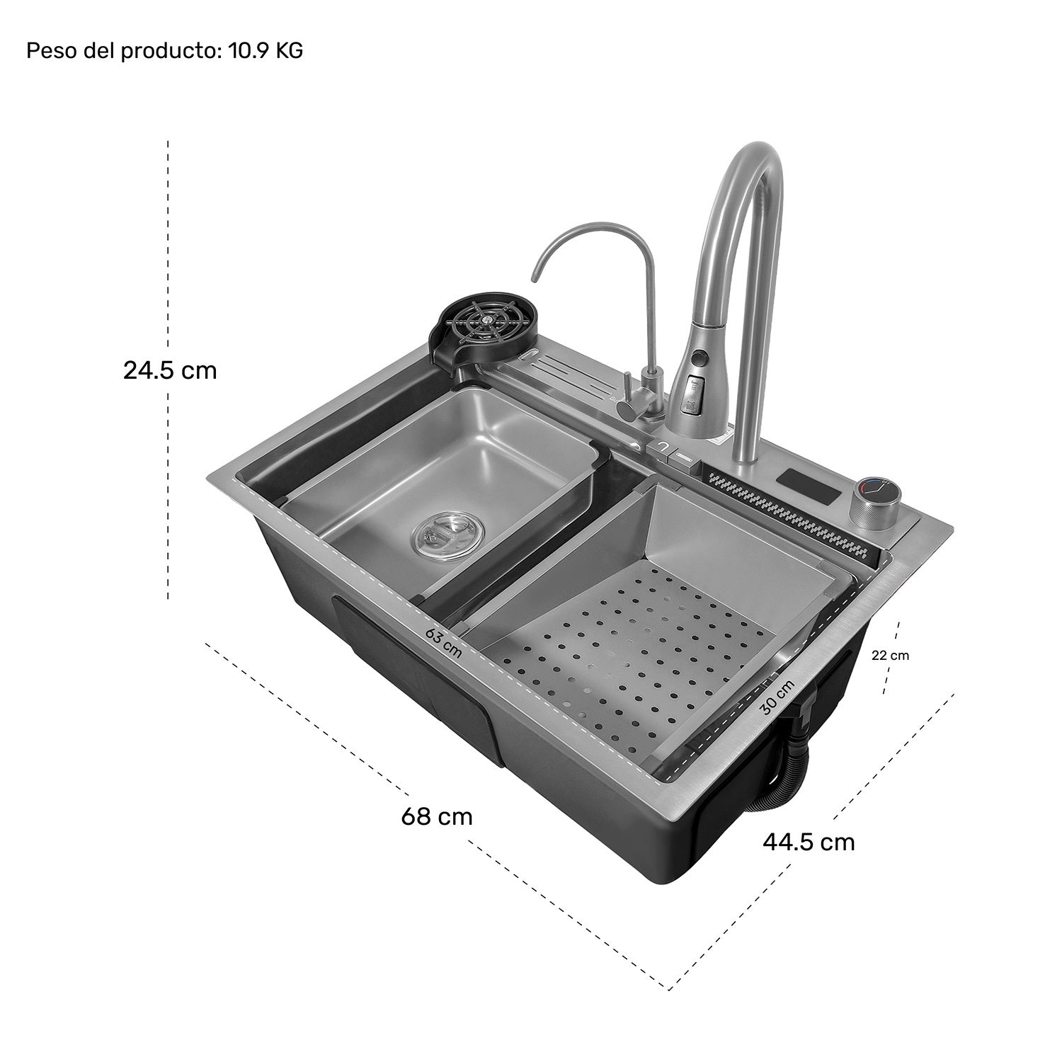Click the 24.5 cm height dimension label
click(x=170, y=370)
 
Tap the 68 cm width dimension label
click(x=436, y=816)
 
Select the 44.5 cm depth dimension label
click(x=809, y=842)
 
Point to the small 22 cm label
click(x=890, y=656)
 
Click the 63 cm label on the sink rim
click(x=444, y=643)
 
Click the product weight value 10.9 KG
click(x=265, y=51)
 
